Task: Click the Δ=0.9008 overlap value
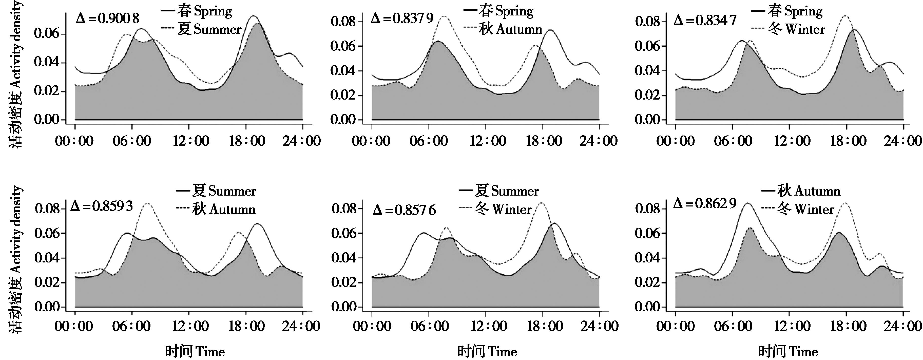coord(107,18)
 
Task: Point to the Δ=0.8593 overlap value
coord(102,206)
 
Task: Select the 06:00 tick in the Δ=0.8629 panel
coord(733,326)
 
